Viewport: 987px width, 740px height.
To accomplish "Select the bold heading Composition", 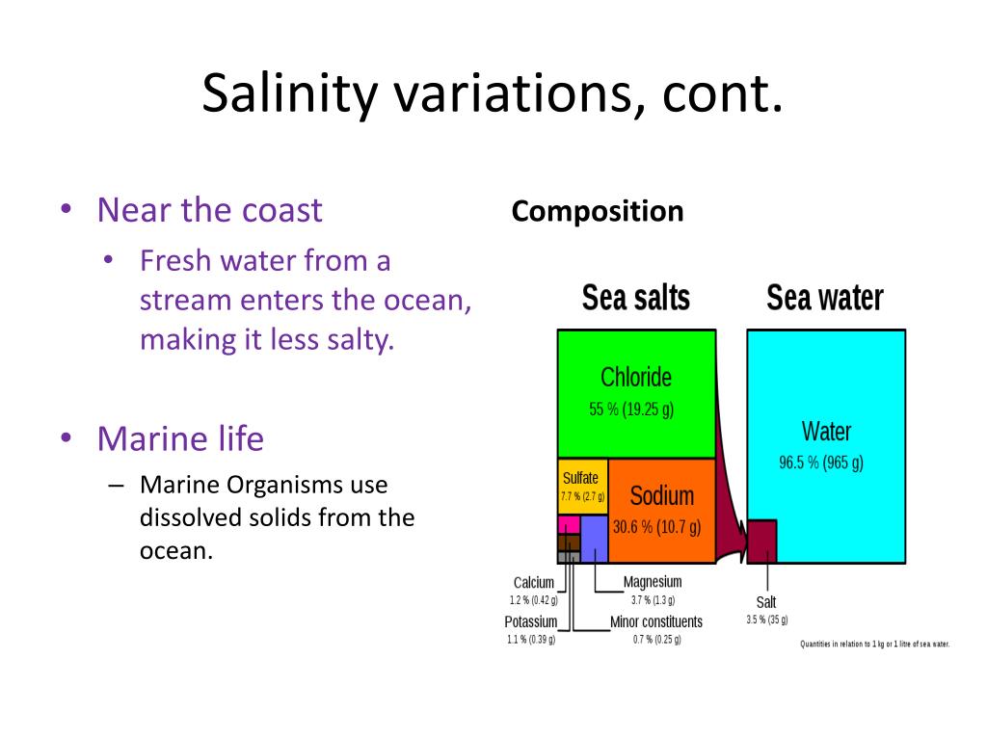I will tap(598, 211).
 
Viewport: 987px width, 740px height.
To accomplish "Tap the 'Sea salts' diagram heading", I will tap(635, 298).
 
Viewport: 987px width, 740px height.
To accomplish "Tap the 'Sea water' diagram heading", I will tap(824, 298).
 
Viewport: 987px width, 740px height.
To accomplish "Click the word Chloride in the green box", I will tap(635, 377).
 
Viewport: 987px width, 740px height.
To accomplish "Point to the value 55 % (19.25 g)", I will tap(631, 409).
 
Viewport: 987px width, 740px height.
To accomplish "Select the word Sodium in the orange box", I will tap(661, 495).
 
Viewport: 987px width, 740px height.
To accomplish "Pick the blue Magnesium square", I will tap(594, 539).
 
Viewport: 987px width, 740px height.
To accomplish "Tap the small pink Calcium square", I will tap(569, 524).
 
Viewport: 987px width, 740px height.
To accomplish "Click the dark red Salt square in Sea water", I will tap(761, 541).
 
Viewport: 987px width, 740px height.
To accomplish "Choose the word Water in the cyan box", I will tap(826, 431).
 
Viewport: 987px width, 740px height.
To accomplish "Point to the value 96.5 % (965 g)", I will tap(821, 462).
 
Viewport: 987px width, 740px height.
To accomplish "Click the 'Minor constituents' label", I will tap(656, 621).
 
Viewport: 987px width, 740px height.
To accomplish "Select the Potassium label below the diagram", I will tap(530, 621).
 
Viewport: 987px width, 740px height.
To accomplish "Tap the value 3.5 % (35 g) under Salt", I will tap(766, 620).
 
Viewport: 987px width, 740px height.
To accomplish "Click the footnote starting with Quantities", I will tap(874, 645).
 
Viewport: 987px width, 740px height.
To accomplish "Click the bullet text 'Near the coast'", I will tap(209, 210).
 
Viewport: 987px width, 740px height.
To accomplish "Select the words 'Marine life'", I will tap(180, 439).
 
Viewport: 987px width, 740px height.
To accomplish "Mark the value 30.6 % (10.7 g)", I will tap(656, 527).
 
